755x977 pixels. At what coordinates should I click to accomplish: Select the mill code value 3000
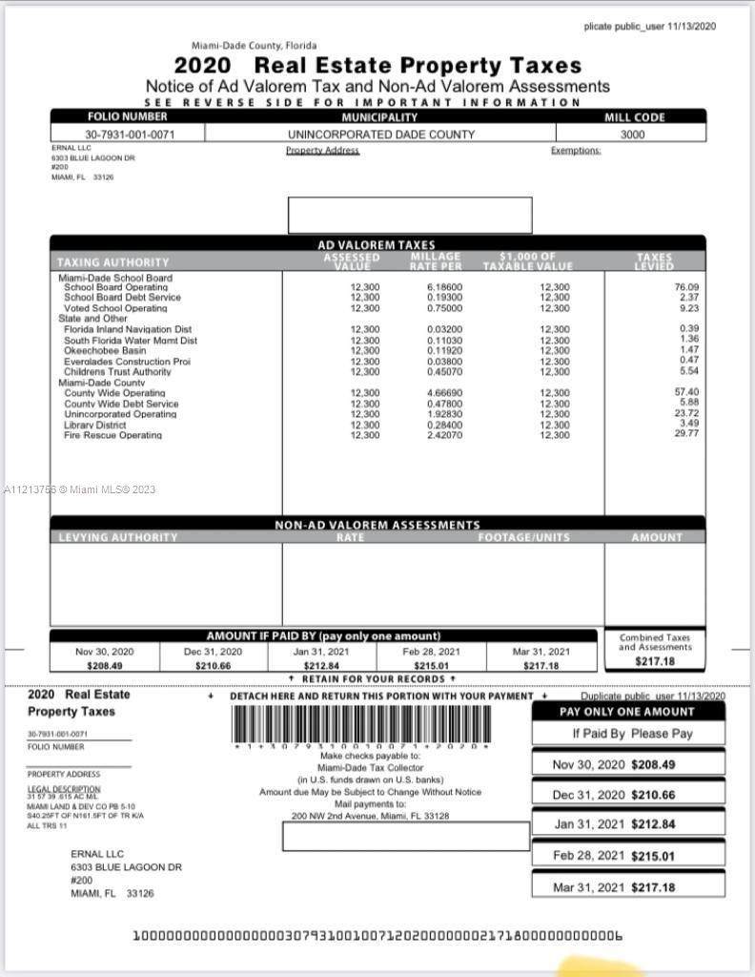click(632, 135)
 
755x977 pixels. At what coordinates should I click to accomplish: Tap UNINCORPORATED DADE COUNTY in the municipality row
click(381, 135)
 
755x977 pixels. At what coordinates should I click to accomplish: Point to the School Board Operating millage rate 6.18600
click(444, 287)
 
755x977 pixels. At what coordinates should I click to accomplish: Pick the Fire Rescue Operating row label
click(112, 435)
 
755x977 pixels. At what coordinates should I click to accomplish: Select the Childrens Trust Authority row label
click(117, 372)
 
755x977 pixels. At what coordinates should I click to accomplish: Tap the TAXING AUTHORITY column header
click(112, 262)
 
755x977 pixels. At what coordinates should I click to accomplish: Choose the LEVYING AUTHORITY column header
click(118, 538)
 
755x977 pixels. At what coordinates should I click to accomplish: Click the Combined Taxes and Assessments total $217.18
click(655, 661)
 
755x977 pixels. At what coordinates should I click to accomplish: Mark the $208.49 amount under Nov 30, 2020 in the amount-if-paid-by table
click(104, 665)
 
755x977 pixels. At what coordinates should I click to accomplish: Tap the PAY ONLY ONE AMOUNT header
click(627, 712)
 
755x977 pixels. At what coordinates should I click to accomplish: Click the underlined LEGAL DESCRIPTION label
click(64, 789)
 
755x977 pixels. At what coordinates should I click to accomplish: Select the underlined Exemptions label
click(576, 151)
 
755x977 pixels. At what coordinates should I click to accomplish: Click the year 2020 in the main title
click(202, 66)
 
